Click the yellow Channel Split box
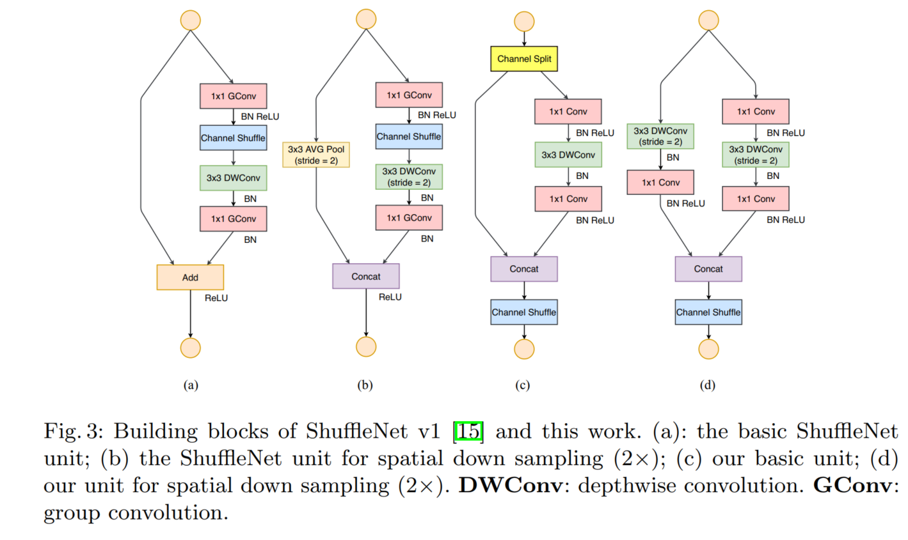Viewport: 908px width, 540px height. (524, 59)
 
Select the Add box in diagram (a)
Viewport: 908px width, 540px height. (190, 277)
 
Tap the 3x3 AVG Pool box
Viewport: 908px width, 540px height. (316, 155)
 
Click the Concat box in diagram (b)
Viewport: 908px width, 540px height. (366, 276)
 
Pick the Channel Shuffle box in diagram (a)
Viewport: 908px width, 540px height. (233, 138)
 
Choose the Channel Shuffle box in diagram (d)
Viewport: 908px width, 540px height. (708, 312)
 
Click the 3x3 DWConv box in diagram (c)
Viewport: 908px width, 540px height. (568, 155)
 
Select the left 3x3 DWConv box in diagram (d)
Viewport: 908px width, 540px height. (660, 136)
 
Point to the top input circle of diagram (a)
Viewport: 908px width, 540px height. (191, 20)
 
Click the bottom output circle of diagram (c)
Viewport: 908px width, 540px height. (524, 349)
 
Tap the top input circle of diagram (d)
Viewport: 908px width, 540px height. (708, 20)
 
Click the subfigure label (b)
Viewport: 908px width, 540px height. (365, 385)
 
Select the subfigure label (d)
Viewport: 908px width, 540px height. (708, 385)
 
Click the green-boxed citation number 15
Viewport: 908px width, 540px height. (468, 431)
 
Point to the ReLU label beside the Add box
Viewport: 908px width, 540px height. (216, 298)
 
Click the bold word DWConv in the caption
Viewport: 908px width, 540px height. (511, 486)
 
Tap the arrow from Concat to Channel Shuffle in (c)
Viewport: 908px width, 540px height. (524, 291)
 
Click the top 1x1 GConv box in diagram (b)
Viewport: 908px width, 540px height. (409, 95)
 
